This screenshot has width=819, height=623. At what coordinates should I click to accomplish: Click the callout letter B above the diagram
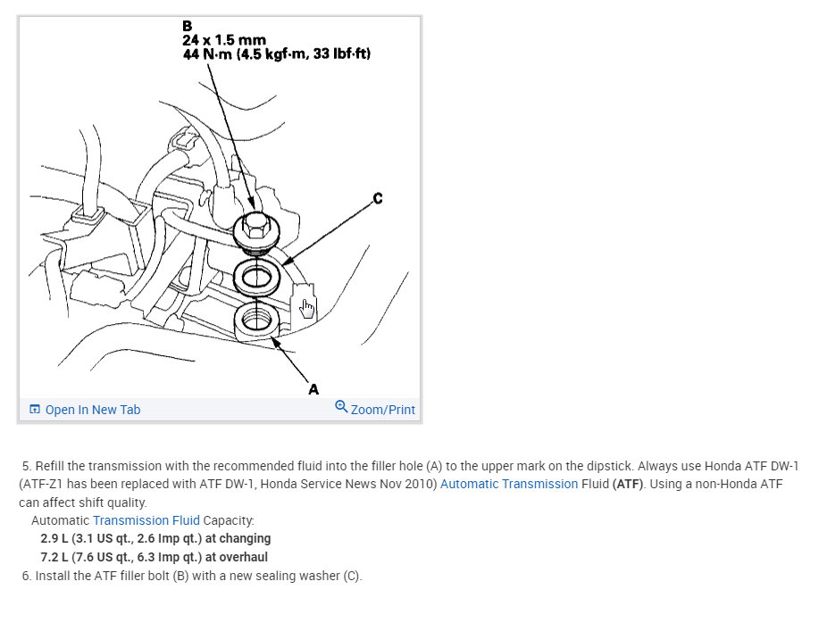pos(187,26)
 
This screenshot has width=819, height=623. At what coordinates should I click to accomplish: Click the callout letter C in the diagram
pos(377,198)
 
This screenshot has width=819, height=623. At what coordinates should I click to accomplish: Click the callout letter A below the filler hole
pos(313,388)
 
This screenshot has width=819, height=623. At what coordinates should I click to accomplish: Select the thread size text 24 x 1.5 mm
pos(225,40)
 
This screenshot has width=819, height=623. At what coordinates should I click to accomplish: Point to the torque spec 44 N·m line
pos(276,54)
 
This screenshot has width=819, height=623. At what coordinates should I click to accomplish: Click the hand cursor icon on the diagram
pos(307,308)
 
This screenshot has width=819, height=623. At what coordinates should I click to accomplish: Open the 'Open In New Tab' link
pos(93,410)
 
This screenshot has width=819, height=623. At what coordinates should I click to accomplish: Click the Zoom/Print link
pos(382,410)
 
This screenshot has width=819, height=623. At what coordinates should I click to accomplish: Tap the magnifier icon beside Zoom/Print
pos(341,407)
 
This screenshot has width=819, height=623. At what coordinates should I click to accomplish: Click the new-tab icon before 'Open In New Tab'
pos(35,410)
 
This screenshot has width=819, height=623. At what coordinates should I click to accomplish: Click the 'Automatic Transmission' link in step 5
pos(509,484)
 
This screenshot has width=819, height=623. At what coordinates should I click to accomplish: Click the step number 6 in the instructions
pos(27,576)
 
